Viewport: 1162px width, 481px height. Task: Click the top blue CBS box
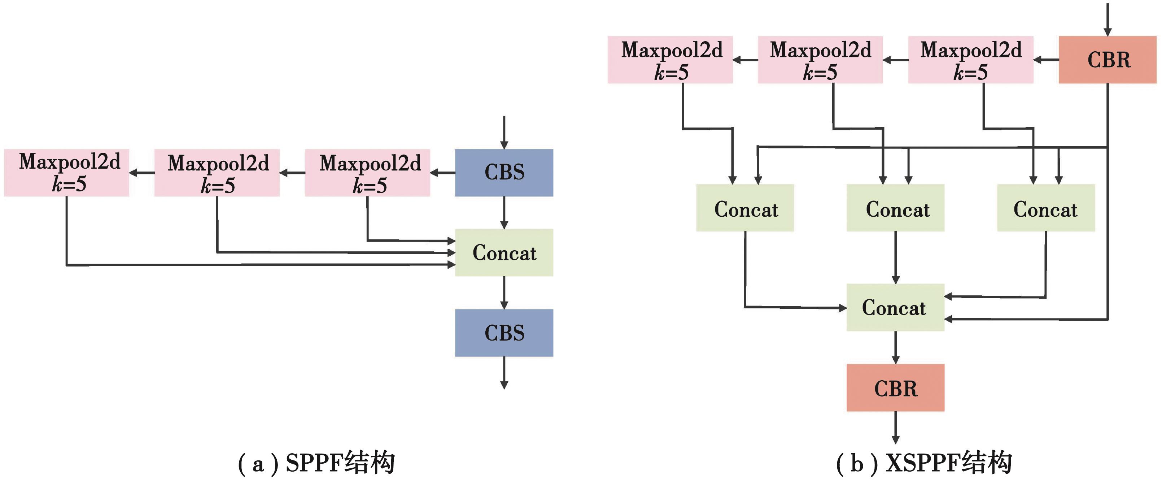(x=504, y=172)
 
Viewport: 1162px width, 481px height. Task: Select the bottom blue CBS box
(x=504, y=333)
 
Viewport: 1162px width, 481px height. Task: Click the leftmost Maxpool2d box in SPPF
(x=67, y=172)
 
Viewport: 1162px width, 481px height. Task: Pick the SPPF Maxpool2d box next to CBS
(x=367, y=172)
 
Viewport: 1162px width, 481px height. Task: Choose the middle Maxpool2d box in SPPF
(x=217, y=172)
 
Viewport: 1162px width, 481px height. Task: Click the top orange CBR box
(x=1108, y=60)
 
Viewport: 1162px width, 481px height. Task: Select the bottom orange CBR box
(x=895, y=387)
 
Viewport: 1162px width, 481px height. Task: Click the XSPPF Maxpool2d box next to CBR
(x=971, y=60)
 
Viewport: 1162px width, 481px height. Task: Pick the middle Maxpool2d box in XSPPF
(x=820, y=60)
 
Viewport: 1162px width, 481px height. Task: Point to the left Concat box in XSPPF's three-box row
(x=745, y=208)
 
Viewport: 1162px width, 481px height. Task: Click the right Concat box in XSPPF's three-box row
(x=1046, y=208)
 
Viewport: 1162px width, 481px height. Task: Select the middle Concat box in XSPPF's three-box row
(x=895, y=208)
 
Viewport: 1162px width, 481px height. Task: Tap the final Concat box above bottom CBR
(x=895, y=307)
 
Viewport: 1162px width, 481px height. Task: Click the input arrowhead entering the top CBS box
(x=504, y=145)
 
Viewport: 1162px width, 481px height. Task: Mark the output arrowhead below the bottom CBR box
(x=895, y=439)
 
